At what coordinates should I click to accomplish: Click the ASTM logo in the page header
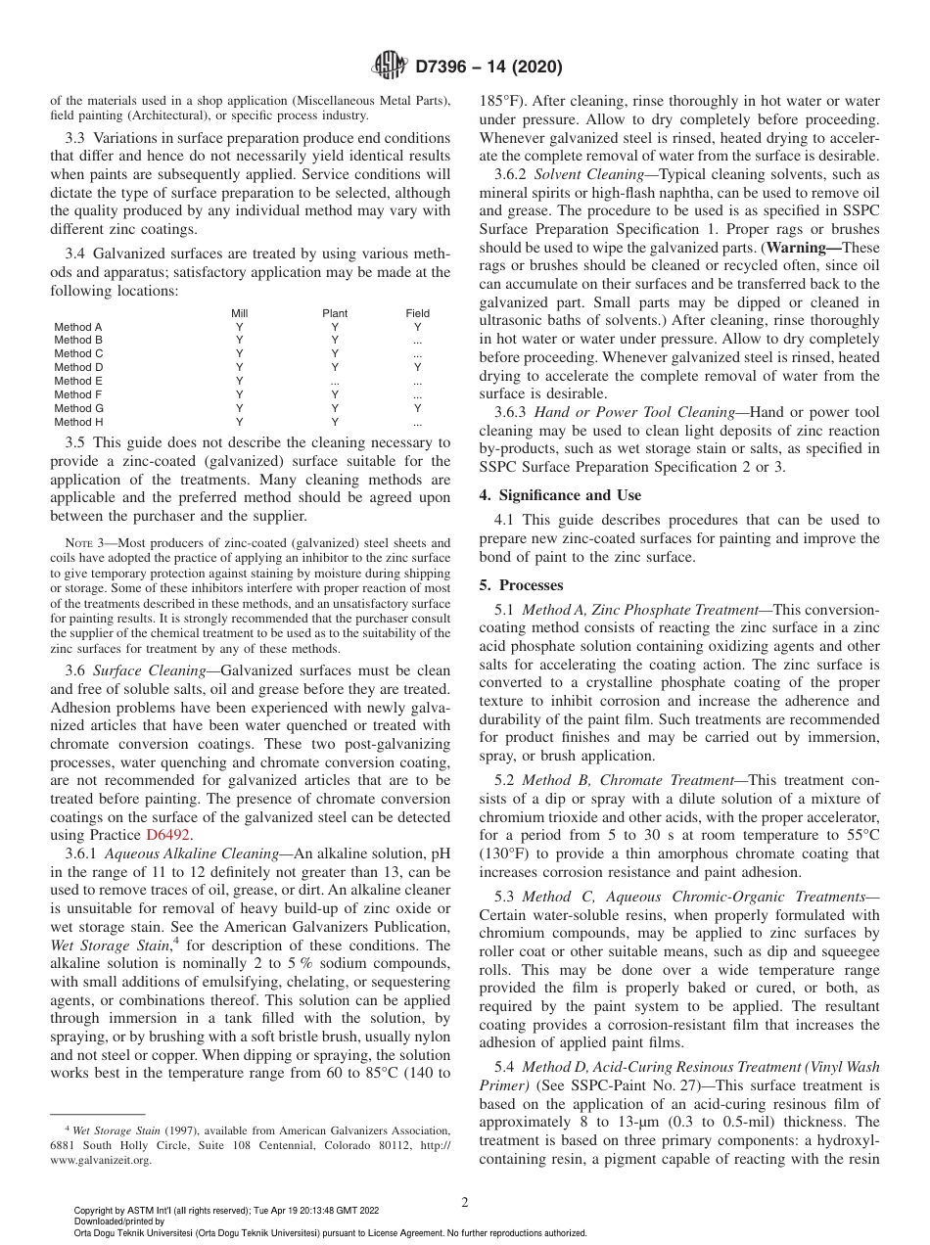click(390, 68)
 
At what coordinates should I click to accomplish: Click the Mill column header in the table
click(239, 313)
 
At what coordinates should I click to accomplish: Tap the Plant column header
click(335, 313)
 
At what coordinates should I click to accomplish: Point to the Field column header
click(418, 313)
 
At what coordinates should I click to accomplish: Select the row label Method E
click(78, 382)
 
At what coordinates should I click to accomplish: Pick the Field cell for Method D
click(418, 368)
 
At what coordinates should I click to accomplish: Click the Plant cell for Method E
click(335, 382)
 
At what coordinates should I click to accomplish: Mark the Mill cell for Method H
click(239, 423)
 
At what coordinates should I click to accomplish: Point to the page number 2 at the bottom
click(465, 1203)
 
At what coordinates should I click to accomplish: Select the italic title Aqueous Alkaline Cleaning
click(188, 853)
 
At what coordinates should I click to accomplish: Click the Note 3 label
click(82, 543)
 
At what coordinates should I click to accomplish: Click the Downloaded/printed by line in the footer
click(119, 1222)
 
